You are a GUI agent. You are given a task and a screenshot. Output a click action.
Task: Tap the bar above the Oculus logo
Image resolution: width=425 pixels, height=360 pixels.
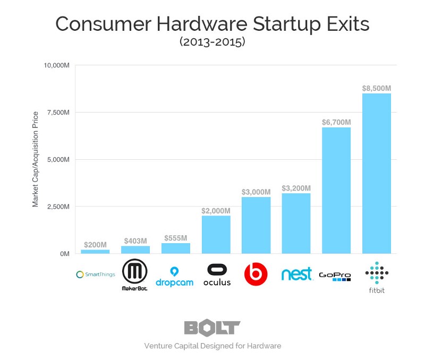coord(216,234)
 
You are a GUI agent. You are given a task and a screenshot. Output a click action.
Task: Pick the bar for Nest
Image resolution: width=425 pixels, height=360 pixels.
coord(296,223)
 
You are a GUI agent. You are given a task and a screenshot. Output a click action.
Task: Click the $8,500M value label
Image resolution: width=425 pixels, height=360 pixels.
coord(376,88)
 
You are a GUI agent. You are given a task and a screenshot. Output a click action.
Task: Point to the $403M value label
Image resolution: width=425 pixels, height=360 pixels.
coord(135,241)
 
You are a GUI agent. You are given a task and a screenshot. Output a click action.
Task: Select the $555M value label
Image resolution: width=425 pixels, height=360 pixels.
coord(175,237)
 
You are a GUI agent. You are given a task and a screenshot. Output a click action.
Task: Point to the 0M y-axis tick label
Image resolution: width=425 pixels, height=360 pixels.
coord(64,254)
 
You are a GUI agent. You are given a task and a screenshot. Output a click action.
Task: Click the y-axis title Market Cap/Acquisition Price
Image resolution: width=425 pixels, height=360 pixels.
coord(36,159)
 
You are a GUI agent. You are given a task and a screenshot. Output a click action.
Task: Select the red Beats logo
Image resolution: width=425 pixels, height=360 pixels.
coord(256,275)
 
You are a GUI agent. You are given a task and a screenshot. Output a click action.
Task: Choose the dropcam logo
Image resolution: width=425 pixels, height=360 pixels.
coord(175,276)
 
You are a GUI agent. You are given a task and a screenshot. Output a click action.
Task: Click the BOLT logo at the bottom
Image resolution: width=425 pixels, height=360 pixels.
coord(212,328)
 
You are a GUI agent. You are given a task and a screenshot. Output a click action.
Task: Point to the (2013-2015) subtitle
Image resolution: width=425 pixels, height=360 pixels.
coord(212,42)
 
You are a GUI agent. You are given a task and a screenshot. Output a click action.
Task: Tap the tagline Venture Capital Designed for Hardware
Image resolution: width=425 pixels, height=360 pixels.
coord(212,346)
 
